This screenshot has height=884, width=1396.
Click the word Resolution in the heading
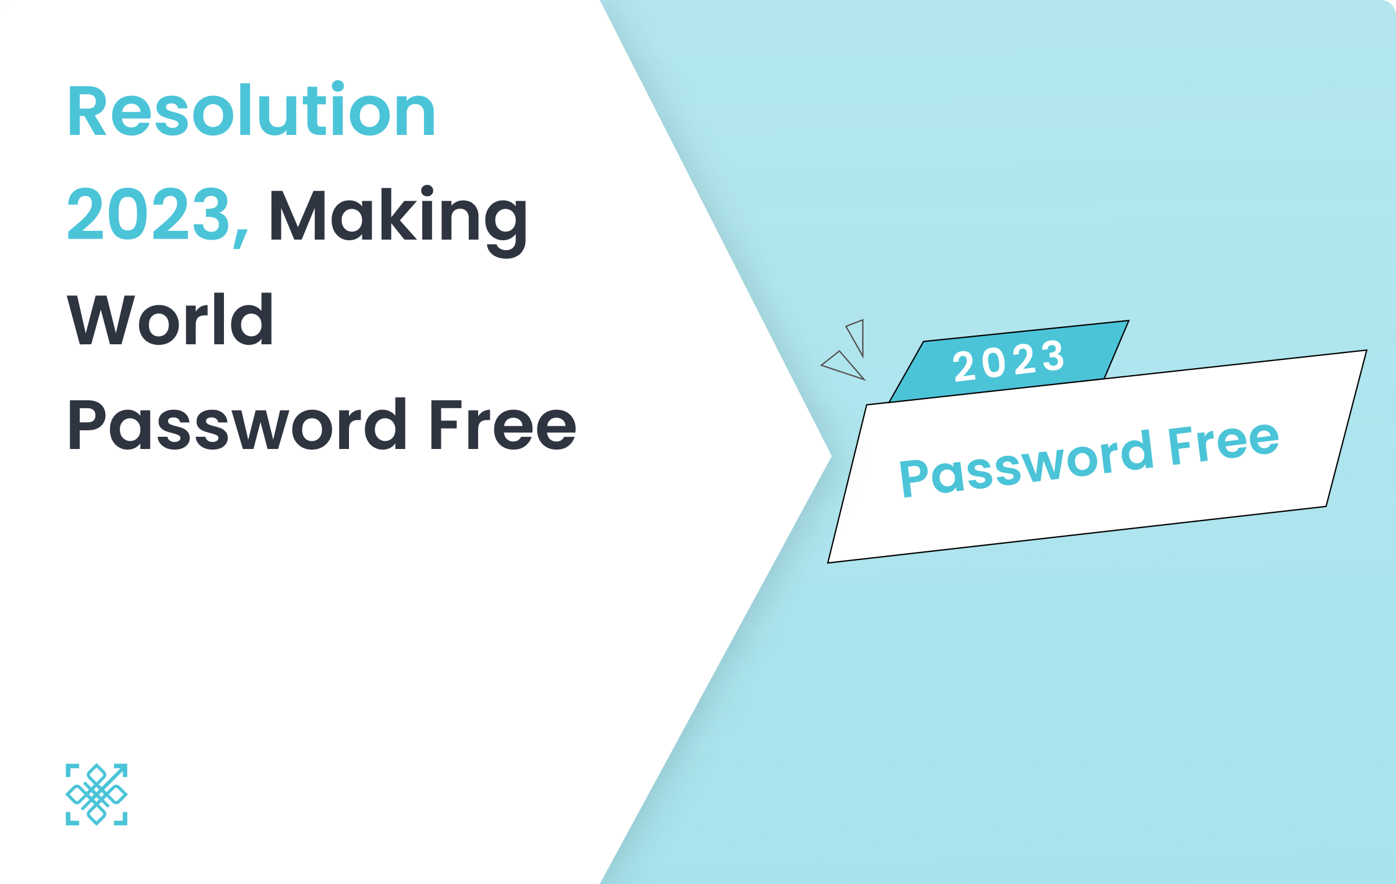(x=251, y=109)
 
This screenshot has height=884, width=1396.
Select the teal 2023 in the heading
(x=149, y=214)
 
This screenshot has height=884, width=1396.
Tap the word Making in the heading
(x=398, y=221)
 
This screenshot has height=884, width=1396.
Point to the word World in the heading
(x=170, y=319)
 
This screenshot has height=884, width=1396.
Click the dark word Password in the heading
(x=237, y=425)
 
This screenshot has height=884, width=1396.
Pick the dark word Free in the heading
(x=504, y=425)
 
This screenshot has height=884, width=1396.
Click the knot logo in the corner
(x=97, y=794)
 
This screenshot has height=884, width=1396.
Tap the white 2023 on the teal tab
(x=1009, y=361)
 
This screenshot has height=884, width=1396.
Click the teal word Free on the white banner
(x=1224, y=443)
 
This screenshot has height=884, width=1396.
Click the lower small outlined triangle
(x=843, y=365)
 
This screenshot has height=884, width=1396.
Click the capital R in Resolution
(x=87, y=110)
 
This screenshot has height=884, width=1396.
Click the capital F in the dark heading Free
(x=447, y=425)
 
